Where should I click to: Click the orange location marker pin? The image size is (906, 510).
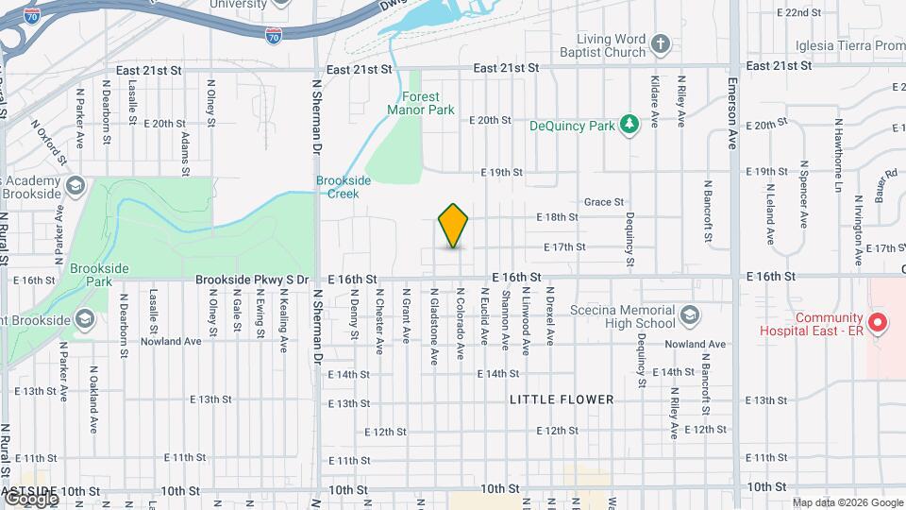tap(453, 225)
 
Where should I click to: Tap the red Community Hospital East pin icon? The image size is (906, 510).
tap(878, 325)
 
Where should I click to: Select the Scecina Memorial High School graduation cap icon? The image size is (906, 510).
tap(690, 314)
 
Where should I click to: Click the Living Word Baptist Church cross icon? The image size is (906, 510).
tap(662, 43)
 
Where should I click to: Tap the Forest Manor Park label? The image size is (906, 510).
tap(421, 103)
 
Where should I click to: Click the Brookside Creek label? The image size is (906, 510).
tap(337, 186)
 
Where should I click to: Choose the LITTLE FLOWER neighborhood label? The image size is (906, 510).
tap(562, 399)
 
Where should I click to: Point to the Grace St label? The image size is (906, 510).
tap(604, 202)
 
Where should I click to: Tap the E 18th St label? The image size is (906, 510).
tap(557, 217)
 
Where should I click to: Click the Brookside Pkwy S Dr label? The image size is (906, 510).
tap(252, 280)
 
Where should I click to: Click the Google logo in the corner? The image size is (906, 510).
tap(30, 498)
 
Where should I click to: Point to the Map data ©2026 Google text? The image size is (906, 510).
tap(847, 502)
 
